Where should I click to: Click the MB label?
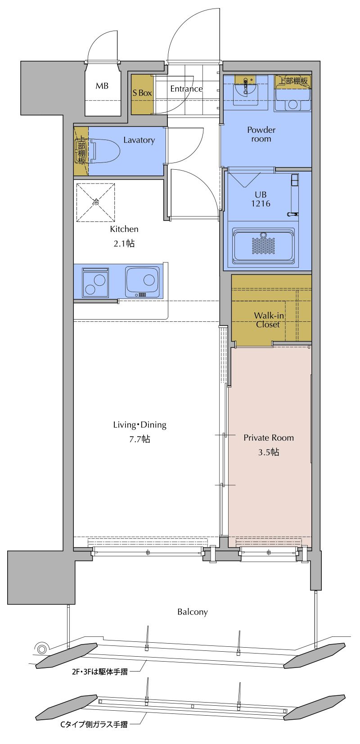pos(102,86)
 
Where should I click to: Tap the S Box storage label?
pos(142,93)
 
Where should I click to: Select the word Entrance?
pos(186,89)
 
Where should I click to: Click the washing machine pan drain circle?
pos(292,104)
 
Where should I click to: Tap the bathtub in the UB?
pos(264,245)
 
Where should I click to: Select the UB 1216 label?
pos(261,199)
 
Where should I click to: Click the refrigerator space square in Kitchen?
pos(96,202)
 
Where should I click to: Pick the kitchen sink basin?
pos(144,282)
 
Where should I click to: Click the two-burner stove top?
pos(95,282)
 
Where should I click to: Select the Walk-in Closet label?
pos(268,320)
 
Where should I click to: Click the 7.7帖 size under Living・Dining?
pos(139,439)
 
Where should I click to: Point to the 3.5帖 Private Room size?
pos(269,452)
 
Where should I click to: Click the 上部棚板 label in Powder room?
pos(292,81)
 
